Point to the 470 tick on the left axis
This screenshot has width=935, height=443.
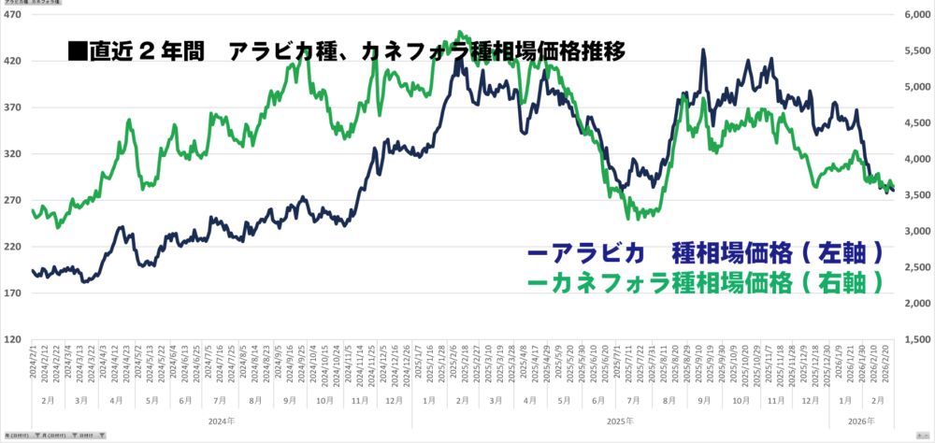pos(15,15)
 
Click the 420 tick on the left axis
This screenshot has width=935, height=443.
pos(15,62)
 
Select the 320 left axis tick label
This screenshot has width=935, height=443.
pos(15,154)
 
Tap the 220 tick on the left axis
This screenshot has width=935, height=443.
pos(15,247)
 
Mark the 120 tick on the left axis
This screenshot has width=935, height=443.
pos(15,339)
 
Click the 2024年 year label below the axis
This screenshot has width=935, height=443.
pos(221,422)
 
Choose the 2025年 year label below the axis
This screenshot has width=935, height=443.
pos(620,422)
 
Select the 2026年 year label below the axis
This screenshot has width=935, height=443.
pos(862,422)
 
